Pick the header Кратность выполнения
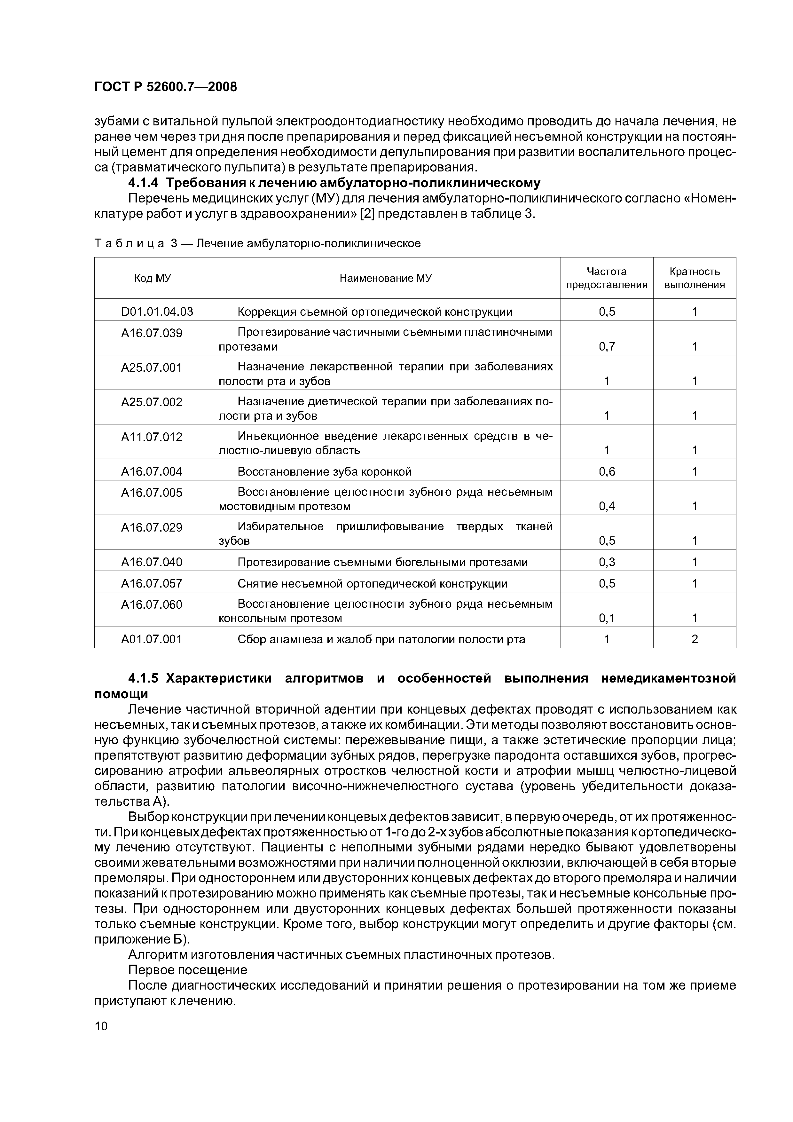[x=694, y=278]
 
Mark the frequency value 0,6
[x=607, y=471]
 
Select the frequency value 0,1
[x=607, y=618]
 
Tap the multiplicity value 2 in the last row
[x=694, y=639]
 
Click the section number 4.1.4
[x=143, y=183]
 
